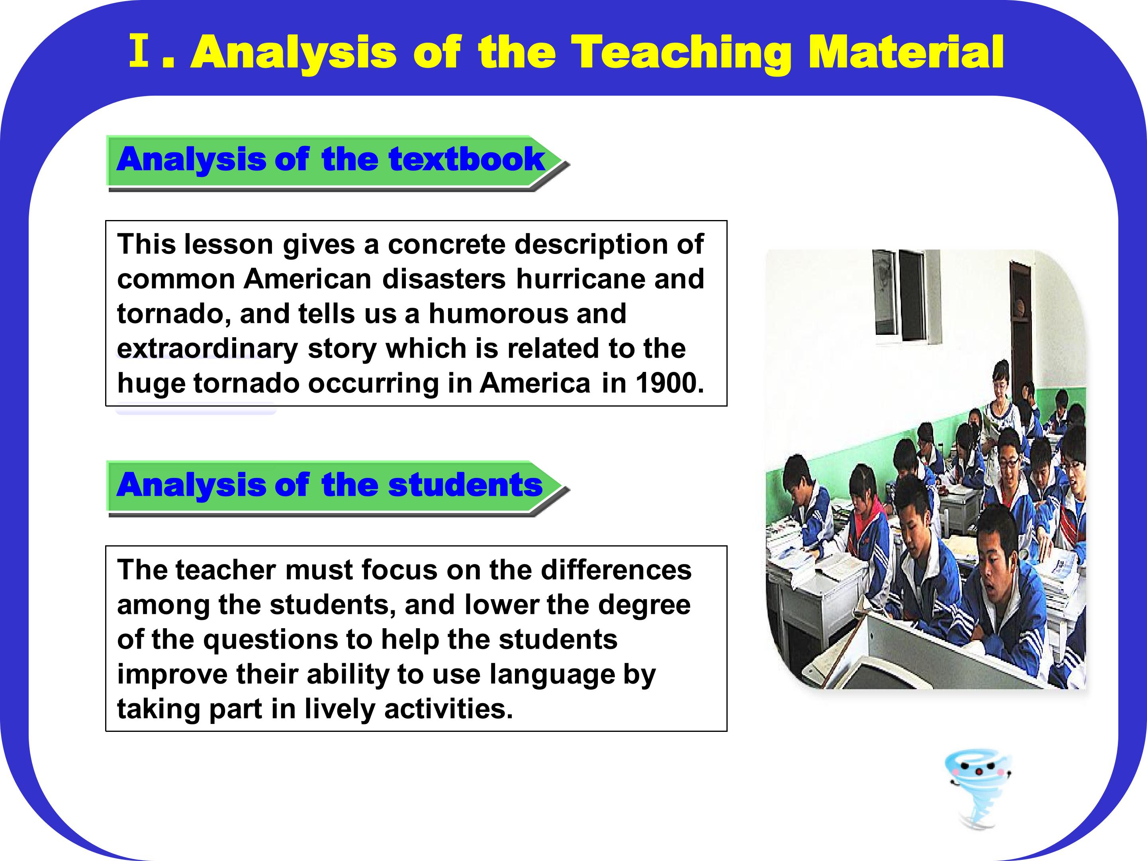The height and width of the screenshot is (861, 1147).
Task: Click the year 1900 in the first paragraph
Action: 669,383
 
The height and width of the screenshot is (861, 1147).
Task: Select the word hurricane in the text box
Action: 580,279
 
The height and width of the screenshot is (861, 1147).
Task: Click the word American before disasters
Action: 307,279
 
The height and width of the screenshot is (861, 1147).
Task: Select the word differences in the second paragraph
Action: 616,570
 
